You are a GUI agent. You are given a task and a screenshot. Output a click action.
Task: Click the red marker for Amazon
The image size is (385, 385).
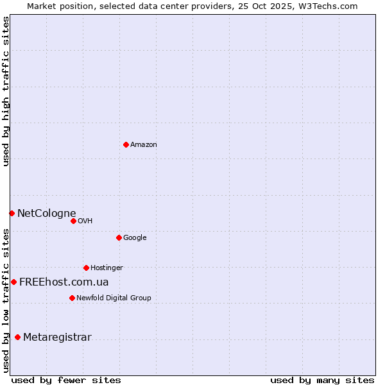126,144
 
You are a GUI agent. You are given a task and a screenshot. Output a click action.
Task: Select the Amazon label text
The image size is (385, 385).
144,145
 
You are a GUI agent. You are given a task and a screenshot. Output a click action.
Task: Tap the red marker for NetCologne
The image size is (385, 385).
12,213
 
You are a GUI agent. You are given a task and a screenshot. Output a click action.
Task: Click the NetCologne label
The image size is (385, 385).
47,214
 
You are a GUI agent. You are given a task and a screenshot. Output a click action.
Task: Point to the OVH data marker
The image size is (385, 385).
73,221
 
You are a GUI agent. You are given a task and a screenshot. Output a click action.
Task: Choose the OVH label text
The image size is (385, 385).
85,221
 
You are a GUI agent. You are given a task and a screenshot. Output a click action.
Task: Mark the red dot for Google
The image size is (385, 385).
119,237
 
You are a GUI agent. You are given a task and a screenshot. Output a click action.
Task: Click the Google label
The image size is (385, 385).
135,238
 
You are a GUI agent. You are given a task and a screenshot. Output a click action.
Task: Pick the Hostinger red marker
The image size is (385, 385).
86,268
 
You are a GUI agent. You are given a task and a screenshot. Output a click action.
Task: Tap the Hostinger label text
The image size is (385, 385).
107,268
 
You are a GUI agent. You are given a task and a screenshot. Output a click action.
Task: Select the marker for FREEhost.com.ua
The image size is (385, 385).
13,282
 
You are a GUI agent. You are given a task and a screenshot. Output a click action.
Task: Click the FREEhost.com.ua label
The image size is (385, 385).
64,282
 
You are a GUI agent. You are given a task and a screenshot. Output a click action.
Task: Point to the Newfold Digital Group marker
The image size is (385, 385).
72,298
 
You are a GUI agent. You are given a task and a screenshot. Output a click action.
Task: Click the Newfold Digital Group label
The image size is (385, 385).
114,298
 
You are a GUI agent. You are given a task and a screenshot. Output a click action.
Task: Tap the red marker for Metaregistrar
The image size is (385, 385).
17,337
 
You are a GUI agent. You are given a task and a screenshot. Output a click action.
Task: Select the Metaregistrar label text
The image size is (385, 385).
57,338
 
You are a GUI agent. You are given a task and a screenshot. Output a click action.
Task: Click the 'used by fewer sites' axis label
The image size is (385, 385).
66,380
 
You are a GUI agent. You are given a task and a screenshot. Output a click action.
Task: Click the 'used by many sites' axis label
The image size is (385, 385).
322,380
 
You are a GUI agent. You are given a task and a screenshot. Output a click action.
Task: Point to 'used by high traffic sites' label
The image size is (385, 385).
6,91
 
